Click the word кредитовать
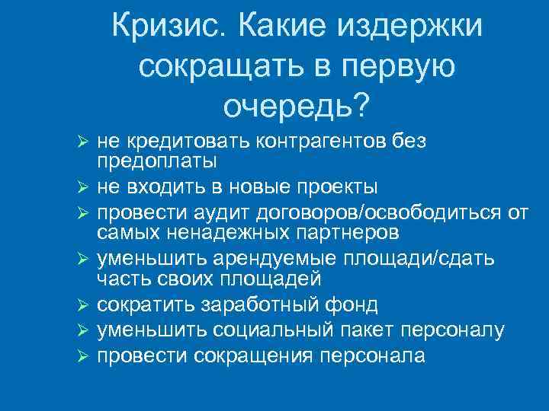pos(163,140)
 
